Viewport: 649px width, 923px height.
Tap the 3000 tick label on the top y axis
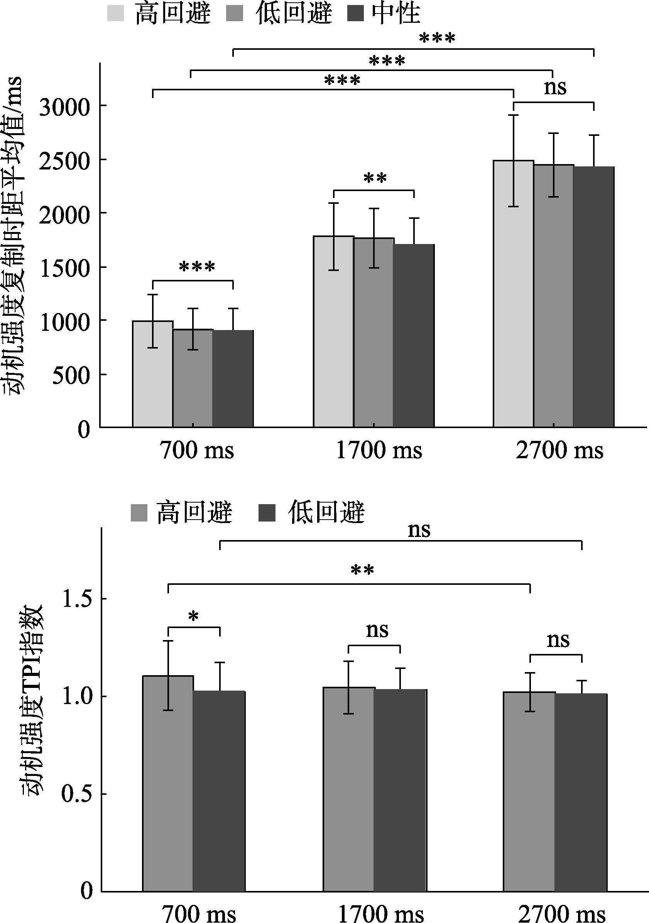pos(64,107)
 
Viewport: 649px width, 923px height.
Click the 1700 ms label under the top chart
pos(379,450)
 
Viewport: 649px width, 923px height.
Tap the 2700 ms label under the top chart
pos(559,450)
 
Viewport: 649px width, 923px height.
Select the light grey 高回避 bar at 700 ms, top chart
pos(153,374)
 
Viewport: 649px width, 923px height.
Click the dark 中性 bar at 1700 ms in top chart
pos(414,336)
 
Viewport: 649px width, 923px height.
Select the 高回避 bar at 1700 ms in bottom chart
pos(348,788)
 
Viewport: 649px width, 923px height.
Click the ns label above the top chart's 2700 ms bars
pos(555,87)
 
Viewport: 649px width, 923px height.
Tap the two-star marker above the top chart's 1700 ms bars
pos(375,178)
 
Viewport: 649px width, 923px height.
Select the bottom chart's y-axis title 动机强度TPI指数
pos(32,699)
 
